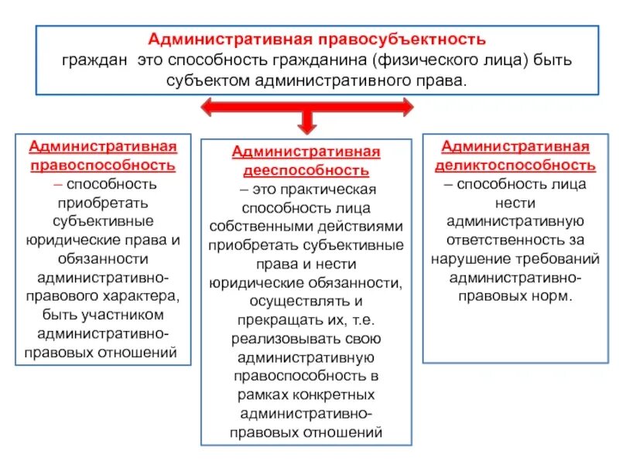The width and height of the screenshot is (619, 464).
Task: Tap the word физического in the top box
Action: [424, 60]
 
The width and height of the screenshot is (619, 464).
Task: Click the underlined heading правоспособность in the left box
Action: [102, 165]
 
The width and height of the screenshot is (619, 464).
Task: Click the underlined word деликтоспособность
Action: [515, 165]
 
